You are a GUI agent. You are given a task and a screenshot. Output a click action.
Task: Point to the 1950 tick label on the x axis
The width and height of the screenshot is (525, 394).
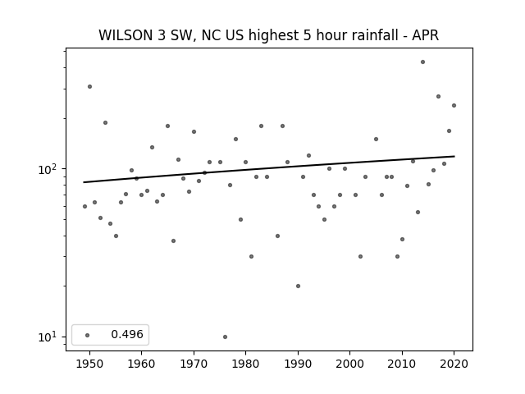[89, 364]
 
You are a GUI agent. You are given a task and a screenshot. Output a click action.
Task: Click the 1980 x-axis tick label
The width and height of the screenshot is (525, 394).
[245, 364]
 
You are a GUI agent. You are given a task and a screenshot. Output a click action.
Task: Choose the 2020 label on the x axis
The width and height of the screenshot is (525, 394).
[454, 364]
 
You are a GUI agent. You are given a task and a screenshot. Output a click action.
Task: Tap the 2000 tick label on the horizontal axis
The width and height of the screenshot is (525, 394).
[349, 364]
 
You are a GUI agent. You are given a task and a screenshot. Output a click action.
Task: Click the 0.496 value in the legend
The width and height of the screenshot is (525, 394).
[127, 334]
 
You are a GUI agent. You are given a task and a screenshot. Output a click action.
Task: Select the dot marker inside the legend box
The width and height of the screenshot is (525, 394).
[88, 335]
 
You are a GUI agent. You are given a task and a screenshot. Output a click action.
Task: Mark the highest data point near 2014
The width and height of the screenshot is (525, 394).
[423, 62]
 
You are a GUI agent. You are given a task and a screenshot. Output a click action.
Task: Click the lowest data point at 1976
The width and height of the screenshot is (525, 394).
[225, 337]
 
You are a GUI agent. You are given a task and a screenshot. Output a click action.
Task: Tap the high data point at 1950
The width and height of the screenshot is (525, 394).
[89, 86]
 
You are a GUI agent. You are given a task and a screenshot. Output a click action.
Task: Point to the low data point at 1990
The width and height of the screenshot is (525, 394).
[298, 286]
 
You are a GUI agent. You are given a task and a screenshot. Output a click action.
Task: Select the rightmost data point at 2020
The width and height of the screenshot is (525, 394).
[454, 105]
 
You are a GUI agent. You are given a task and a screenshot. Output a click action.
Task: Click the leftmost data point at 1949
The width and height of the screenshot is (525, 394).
[84, 206]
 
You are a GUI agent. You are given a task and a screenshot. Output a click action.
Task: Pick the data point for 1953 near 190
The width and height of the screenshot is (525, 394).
[105, 122]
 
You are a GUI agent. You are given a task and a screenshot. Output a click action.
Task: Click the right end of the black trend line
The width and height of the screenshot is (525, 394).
[454, 156]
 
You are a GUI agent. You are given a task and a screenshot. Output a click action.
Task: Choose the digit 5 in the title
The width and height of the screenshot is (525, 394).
[308, 35]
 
